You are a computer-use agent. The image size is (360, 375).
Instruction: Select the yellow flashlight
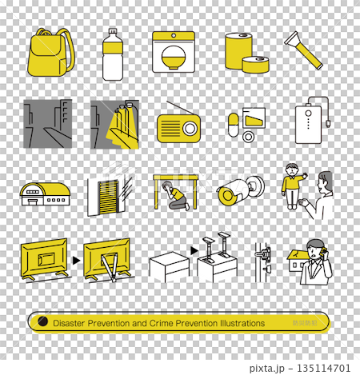click(x=303, y=50)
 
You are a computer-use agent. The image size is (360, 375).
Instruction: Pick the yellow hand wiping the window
click(x=117, y=128)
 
